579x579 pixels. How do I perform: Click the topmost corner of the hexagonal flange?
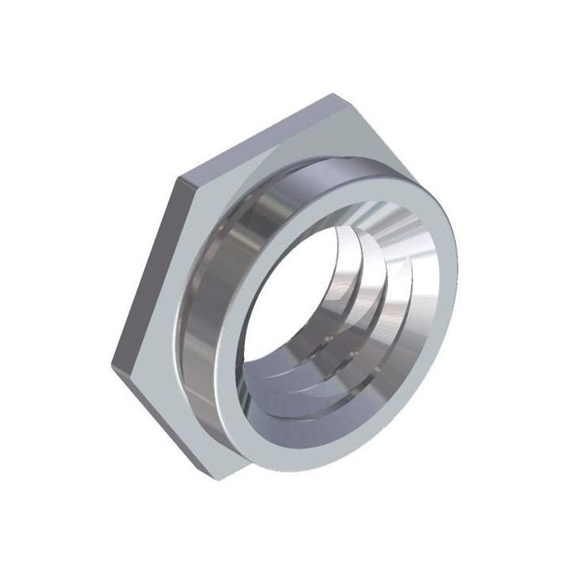[335, 94]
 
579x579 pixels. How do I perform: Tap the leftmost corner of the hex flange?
[109, 365]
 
